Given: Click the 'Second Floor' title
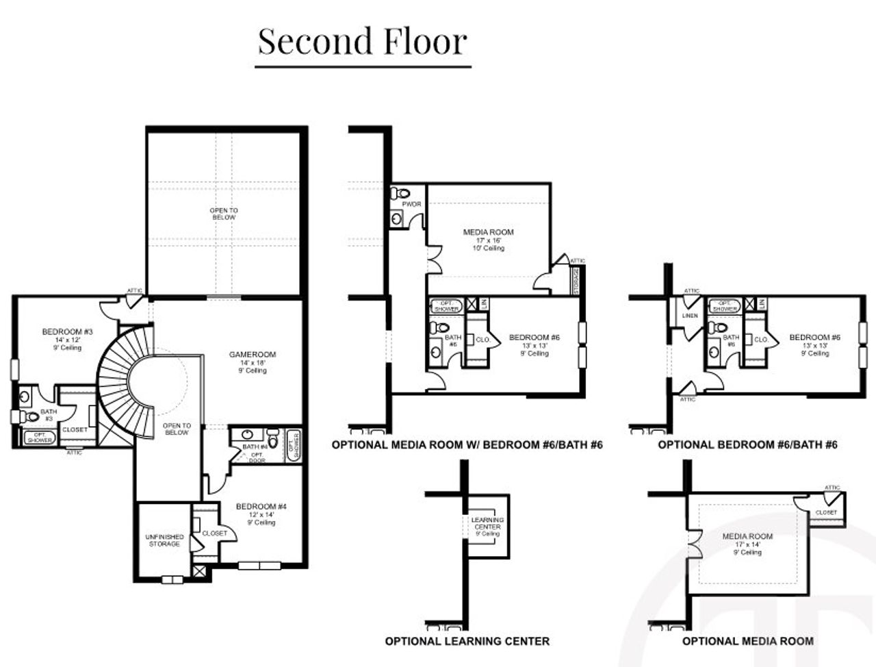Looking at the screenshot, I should [x=363, y=41].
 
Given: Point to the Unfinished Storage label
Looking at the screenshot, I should [x=165, y=540].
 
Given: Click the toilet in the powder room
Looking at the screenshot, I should [x=402, y=194].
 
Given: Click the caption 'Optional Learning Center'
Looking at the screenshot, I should [x=467, y=641].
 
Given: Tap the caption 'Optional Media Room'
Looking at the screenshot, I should [x=747, y=641].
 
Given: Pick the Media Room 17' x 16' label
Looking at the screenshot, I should [x=488, y=240].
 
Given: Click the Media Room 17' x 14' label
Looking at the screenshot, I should [x=747, y=544].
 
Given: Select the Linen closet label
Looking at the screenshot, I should [x=689, y=316].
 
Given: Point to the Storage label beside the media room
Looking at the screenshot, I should [x=576, y=281].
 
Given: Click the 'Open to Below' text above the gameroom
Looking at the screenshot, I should [x=224, y=214].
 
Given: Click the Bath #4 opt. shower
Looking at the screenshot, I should [x=293, y=444].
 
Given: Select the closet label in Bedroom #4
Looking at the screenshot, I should [x=214, y=533].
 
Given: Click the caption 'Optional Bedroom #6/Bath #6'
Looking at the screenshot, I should [x=747, y=444].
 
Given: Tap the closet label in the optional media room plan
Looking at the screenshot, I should [x=826, y=512].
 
